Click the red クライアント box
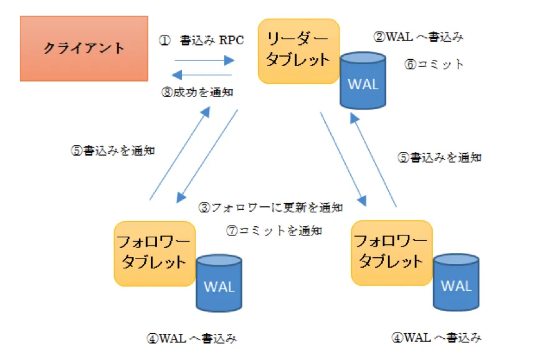coord(84,48)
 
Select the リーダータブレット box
coord(298,51)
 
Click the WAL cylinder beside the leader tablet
coord(363,81)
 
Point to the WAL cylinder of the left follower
coord(219,283)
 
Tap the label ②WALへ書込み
coord(418,37)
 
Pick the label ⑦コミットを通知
coord(274,230)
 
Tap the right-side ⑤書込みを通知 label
coord(439,158)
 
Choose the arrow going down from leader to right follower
coord(342,158)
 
